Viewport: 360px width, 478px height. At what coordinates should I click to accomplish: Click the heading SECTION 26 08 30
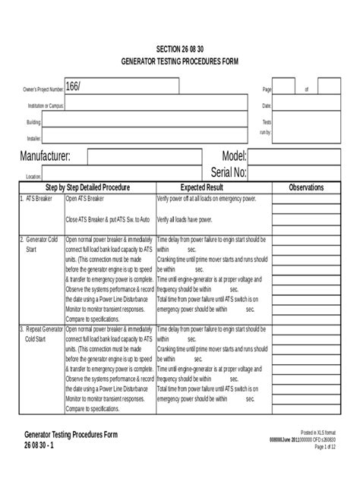pyautogui.click(x=179, y=48)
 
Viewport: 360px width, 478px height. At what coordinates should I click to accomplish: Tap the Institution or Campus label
pyautogui.click(x=43, y=105)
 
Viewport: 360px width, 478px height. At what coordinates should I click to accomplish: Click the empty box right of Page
pyautogui.click(x=284, y=89)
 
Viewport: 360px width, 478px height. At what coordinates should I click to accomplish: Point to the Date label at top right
pyautogui.click(x=267, y=105)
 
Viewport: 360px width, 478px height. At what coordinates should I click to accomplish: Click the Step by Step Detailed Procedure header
pyautogui.click(x=87, y=187)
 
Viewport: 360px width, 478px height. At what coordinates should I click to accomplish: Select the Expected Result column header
pyautogui.click(x=201, y=187)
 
